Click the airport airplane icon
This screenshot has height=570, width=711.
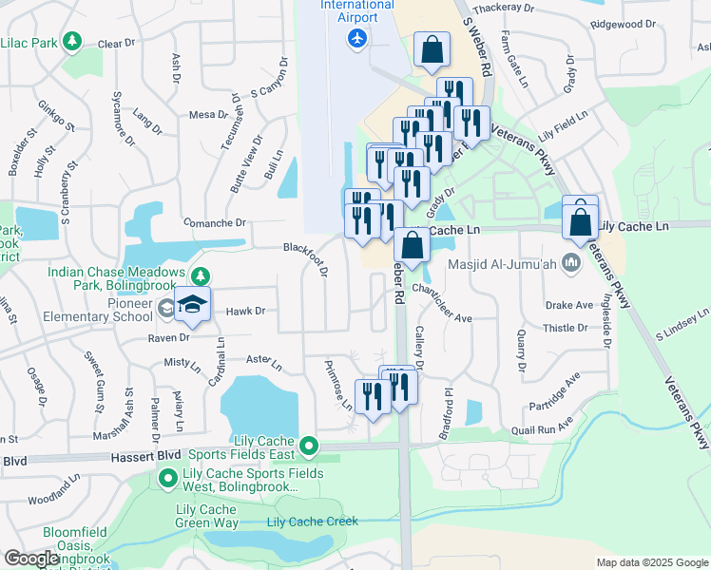point(357,38)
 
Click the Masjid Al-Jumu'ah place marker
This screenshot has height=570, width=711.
point(571,261)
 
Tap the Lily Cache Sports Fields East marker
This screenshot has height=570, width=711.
point(308,445)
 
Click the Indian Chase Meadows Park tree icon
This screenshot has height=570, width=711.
point(200,276)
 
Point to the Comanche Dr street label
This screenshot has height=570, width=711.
point(214,223)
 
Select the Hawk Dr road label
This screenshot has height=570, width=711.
point(245,311)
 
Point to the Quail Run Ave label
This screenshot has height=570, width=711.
point(541,429)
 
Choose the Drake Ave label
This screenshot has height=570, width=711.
point(569,306)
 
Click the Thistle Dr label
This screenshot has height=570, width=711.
point(565,328)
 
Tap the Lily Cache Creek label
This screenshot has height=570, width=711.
point(312,521)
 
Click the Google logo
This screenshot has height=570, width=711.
point(31,559)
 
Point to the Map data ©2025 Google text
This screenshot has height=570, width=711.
point(652,562)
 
